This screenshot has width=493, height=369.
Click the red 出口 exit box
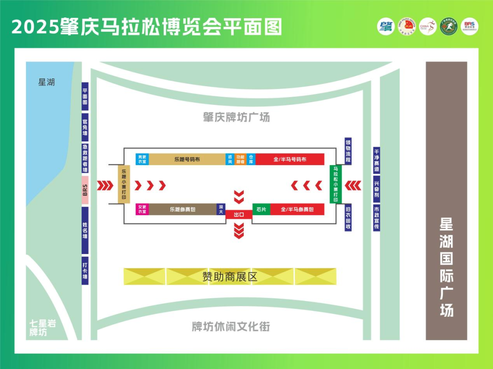[239, 214]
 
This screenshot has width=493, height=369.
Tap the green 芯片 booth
[261, 209]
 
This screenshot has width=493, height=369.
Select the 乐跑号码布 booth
[187, 159]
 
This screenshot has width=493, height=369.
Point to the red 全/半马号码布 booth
[290, 159]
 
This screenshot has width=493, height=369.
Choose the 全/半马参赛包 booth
[297, 209]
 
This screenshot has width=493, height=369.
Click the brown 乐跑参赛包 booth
[183, 209]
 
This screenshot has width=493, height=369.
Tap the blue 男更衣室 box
[142, 159]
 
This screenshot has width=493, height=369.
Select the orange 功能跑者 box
[240, 159]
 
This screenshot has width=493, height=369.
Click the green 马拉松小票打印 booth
[336, 184]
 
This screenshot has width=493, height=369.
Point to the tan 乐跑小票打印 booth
[124, 184]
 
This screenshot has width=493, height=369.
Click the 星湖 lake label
[46, 83]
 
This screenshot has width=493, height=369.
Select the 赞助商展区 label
[230, 276]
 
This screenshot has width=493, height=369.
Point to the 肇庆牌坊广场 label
[236, 117]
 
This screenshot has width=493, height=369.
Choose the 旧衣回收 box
[348, 217]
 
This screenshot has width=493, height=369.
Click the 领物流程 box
[348, 151]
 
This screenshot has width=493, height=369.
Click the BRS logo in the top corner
[470, 26]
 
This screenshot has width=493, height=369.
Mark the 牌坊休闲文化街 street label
[231, 327]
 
